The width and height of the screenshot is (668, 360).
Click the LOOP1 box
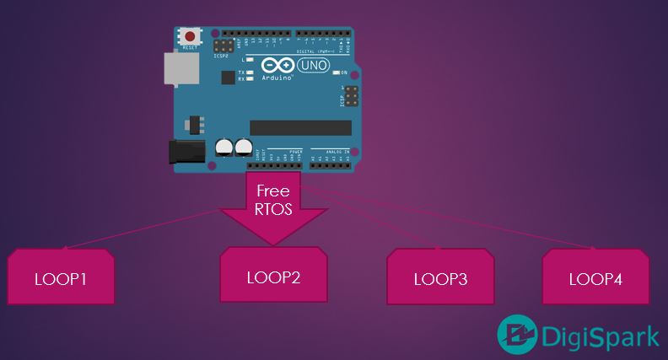(61, 277)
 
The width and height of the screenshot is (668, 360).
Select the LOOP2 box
(273, 275)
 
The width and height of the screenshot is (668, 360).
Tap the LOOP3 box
(440, 278)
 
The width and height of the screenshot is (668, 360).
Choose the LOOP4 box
(595, 277)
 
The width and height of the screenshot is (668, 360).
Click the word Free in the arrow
(272, 191)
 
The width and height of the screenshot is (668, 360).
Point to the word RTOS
(272, 209)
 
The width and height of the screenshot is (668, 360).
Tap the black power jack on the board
(187, 151)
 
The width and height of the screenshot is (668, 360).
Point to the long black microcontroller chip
(299, 127)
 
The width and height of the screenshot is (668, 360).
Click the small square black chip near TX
(227, 78)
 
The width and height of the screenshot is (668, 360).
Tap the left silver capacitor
(224, 148)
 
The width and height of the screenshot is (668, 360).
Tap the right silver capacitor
(244, 148)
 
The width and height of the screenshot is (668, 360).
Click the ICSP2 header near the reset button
(224, 45)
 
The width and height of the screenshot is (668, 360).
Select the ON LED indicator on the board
(335, 73)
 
